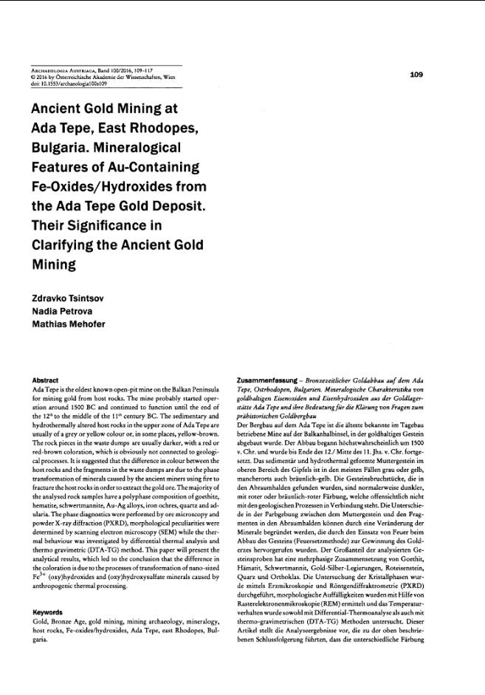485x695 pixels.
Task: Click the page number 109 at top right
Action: pyautogui.click(x=416, y=74)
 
